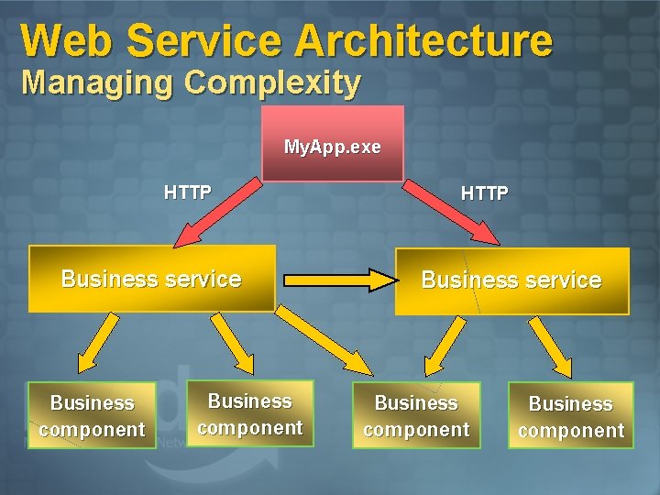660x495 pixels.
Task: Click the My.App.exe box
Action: [332, 144]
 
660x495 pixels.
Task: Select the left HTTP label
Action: [187, 192]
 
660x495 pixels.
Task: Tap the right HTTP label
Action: [484, 193]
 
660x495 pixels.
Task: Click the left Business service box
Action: [151, 279]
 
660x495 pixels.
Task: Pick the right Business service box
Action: [511, 280]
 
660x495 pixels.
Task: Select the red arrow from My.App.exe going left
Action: [219, 213]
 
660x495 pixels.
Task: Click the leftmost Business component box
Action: [92, 416]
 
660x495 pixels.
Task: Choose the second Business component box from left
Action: [249, 414]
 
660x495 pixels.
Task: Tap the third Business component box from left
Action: [416, 416]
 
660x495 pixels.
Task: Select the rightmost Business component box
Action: [570, 417]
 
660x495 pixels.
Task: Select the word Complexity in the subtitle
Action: [272, 82]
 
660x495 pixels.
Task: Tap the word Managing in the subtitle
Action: [98, 82]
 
